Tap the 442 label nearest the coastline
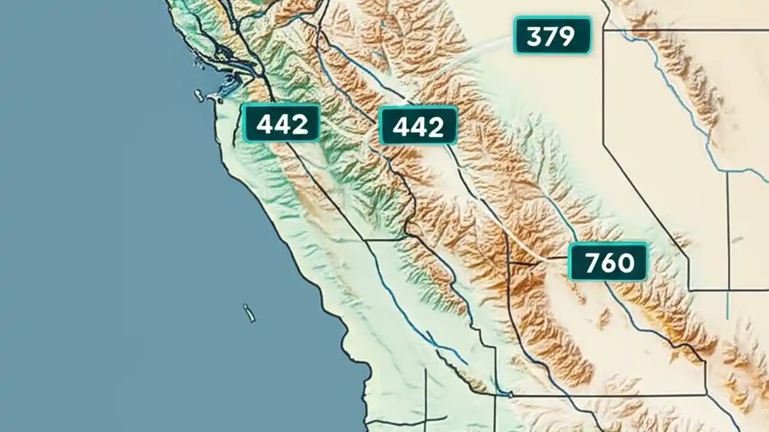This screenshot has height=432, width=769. (x=281, y=123)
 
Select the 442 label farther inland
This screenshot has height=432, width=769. (x=418, y=125)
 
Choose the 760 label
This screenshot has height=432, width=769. (x=608, y=262)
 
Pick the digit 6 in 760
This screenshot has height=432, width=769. (x=607, y=263)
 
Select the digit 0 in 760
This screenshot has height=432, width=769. (x=625, y=263)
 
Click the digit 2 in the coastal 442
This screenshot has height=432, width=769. (x=300, y=124)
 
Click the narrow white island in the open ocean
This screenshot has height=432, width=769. (x=249, y=313)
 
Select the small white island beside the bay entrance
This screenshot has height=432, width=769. (x=199, y=95)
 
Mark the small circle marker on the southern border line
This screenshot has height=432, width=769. (x=510, y=394)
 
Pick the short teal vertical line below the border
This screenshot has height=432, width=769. (x=728, y=306)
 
